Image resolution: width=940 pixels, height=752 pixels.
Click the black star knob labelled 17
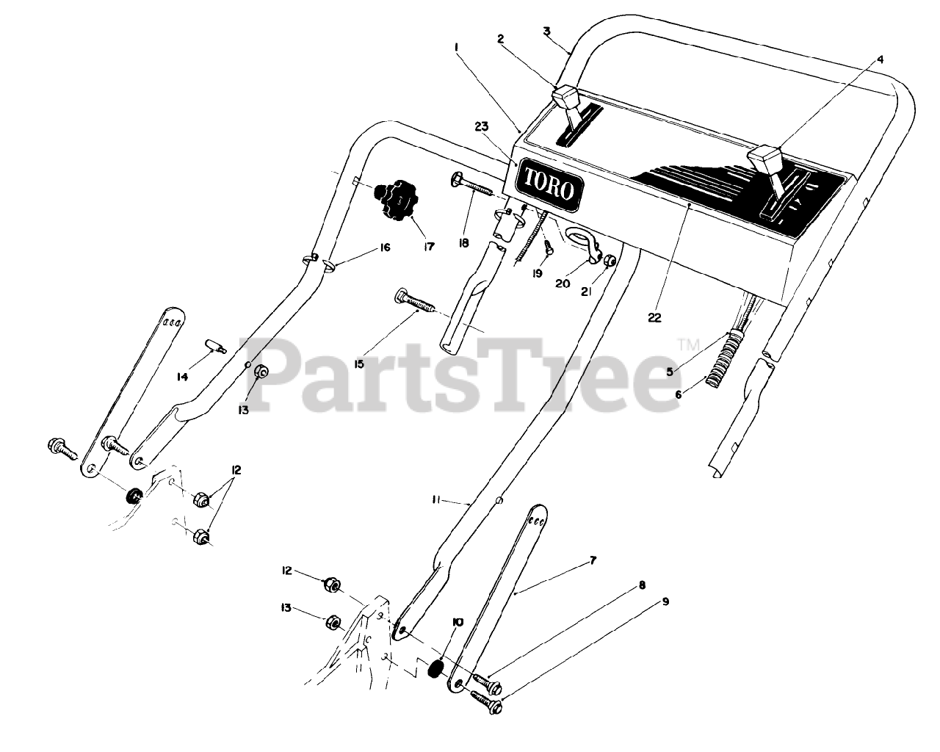(x=394, y=198)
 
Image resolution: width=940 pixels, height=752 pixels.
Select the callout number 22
(x=654, y=318)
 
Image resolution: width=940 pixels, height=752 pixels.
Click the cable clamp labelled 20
(x=584, y=242)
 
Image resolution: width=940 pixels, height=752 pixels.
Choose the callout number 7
(x=593, y=560)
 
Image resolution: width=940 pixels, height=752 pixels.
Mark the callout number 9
(x=665, y=601)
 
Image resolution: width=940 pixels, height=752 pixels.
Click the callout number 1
(x=457, y=46)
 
